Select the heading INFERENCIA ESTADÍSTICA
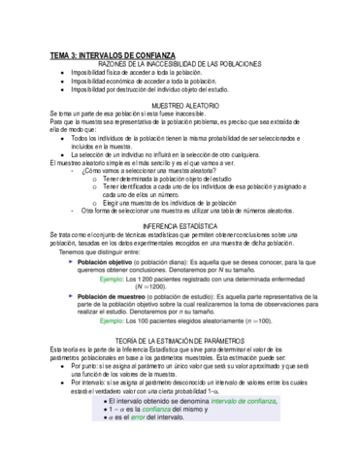pyautogui.click(x=180, y=224)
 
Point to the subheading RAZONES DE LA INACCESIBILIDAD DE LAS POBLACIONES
pyautogui.click(x=180, y=65)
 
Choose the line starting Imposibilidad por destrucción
pyautogui.click(x=150, y=91)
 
